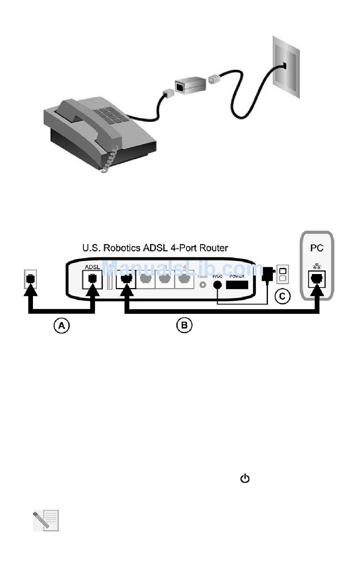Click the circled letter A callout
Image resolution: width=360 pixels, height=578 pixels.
point(61,326)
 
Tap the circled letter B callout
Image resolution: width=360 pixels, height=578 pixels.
point(184,325)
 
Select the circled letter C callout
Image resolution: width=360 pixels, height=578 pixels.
point(282,296)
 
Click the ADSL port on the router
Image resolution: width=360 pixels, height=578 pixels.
point(92,280)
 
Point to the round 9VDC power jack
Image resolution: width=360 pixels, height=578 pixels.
point(218,285)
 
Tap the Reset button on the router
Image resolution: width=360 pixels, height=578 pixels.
point(203,284)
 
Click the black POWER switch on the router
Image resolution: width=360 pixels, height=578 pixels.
point(237,284)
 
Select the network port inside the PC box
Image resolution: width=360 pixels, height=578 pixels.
point(317,280)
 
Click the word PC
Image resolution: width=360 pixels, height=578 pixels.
point(317,248)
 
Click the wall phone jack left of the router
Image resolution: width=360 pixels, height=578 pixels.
point(30,279)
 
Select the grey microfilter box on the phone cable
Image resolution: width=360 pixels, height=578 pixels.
point(188,85)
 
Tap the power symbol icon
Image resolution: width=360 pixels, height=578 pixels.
point(245,478)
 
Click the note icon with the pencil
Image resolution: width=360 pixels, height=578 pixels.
point(46,520)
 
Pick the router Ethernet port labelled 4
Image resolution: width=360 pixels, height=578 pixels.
point(184,280)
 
